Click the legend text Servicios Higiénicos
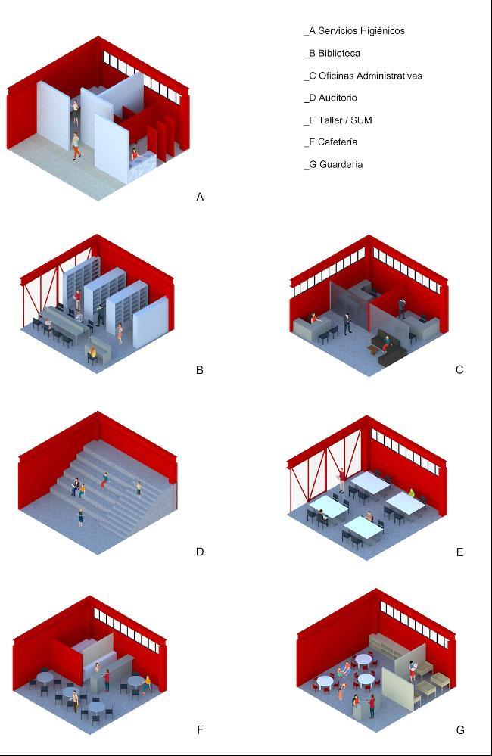pos(361,31)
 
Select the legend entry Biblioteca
pos(339,54)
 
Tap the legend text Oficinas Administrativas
pos(370,76)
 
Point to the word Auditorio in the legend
pos(338,98)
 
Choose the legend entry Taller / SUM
pos(345,120)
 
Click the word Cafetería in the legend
pos(338,142)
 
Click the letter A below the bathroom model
pos(200,197)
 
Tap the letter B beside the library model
pos(200,370)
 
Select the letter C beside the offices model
pos(459,370)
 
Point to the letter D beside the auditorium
pos(200,552)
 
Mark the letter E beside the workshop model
pos(459,552)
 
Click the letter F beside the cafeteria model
pos(200,730)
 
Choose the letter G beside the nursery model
pos(460,730)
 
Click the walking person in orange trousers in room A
pos(76,146)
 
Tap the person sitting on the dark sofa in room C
pos(385,344)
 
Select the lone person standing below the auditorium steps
pos(80,517)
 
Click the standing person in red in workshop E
pos(342,481)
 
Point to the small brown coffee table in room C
pos(374,348)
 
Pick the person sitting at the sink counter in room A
pos(135,154)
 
